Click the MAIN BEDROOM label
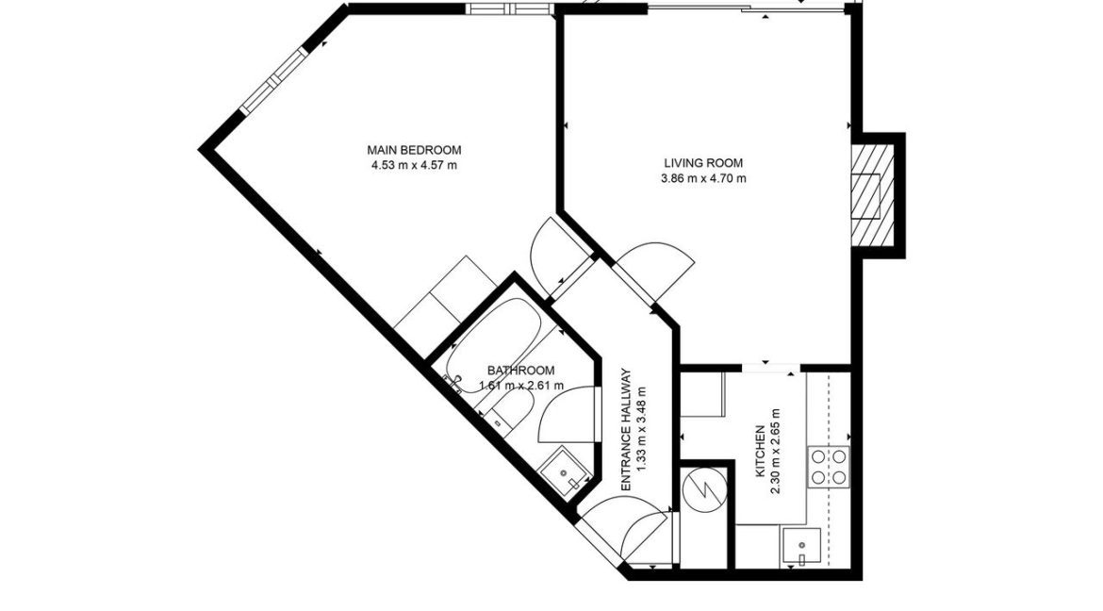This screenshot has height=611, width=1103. point(415,150)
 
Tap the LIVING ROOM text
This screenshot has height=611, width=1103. point(703,162)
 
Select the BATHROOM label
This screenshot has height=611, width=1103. point(520,371)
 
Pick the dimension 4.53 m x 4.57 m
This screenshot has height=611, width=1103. point(415,166)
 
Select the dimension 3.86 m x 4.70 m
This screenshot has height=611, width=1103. point(703,178)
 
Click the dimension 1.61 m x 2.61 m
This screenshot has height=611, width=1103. point(521,386)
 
